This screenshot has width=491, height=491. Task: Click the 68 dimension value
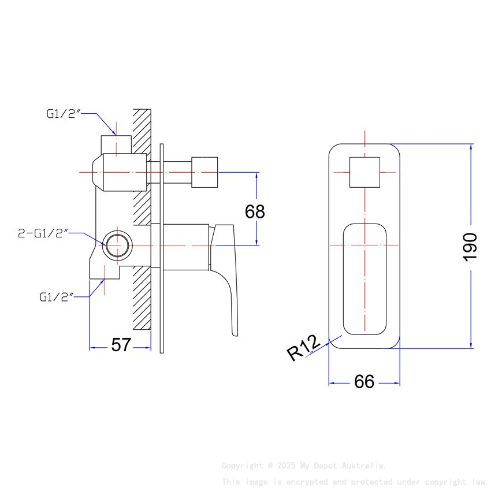255,211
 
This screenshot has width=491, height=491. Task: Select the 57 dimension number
121,345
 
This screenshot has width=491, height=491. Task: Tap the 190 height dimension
470,247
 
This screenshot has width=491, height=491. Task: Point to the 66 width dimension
364,381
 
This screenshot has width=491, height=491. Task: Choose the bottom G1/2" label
56,297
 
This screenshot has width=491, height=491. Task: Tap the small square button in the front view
364,172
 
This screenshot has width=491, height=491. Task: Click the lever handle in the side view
227,271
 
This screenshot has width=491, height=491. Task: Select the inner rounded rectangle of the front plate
364,278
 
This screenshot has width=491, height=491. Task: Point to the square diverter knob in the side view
205,172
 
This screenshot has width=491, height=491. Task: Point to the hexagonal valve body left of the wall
118,173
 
